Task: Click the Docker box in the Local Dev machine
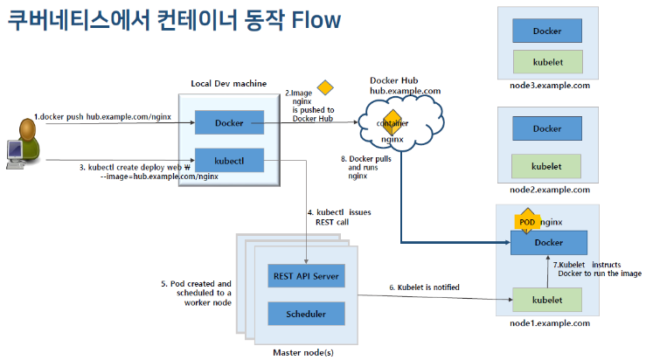[x=228, y=123]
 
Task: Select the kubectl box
[x=228, y=161]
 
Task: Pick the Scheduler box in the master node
[x=305, y=314]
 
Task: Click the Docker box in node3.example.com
[x=547, y=31]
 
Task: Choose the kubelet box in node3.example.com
[x=547, y=63]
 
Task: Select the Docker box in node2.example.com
[x=547, y=129]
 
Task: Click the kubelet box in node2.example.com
[x=547, y=165]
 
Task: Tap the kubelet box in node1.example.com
[x=548, y=300]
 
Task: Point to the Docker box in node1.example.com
[x=548, y=242]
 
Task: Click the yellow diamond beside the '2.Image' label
[x=325, y=87]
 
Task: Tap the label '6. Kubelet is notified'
[x=424, y=287]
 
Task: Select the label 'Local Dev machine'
[x=229, y=83]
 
